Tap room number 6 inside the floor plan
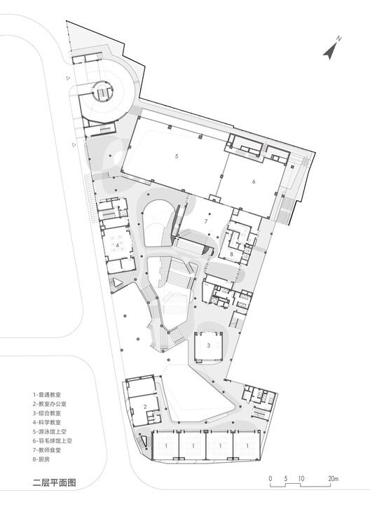(254, 181)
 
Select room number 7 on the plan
(205, 221)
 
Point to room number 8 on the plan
(231, 253)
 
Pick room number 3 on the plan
(209, 346)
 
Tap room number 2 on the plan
(144, 407)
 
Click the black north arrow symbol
(330, 50)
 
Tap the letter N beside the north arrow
(338, 38)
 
